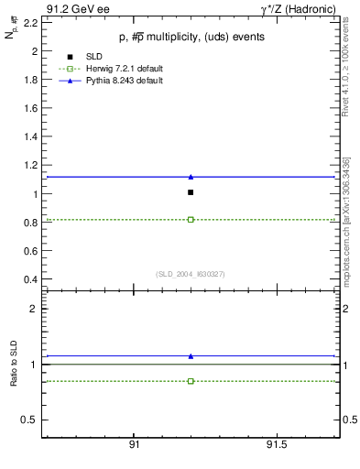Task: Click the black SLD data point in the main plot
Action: (191, 192)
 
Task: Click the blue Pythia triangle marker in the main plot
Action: (191, 177)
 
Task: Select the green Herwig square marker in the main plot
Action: (191, 220)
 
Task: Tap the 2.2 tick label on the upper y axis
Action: (30, 23)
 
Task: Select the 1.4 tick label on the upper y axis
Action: (30, 137)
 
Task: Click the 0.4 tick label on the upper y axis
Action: (30, 279)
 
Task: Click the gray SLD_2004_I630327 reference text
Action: (191, 273)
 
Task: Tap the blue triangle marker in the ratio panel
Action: (191, 355)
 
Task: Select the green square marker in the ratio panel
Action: (191, 381)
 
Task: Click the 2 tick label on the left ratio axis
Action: (33, 309)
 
